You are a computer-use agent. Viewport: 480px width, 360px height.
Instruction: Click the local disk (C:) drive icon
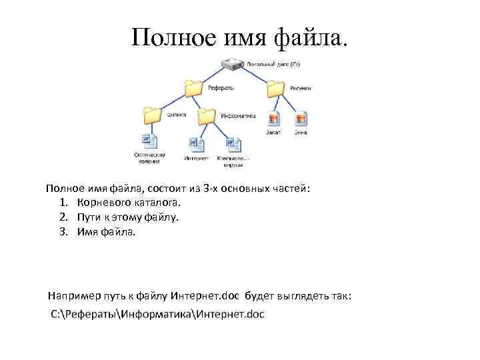pos(233,65)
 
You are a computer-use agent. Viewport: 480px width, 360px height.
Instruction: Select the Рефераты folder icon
pos(194,87)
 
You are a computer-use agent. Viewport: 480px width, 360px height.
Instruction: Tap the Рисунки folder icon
pos(275,87)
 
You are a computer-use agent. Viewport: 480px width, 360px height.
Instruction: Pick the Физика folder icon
pos(153,114)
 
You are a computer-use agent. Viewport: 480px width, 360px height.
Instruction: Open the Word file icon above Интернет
pos(195,144)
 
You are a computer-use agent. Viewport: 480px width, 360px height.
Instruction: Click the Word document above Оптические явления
pos(149,141)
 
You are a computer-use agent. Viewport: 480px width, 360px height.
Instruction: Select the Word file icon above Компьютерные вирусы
pos(233,144)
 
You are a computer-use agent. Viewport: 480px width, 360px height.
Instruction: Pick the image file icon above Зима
pos(301,119)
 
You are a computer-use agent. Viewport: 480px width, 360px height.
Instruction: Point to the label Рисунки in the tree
pos(301,88)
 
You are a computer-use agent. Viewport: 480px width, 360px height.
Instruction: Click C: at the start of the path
pos(56,313)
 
